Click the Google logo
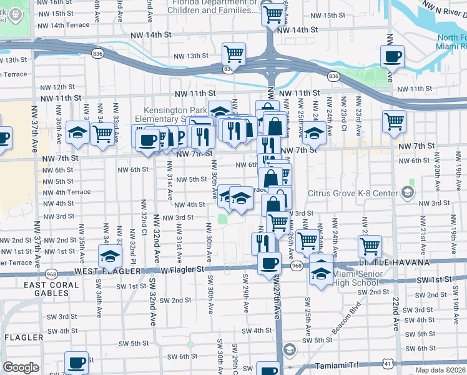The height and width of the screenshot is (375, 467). pos(21,367)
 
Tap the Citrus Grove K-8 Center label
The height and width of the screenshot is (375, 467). pos(353,193)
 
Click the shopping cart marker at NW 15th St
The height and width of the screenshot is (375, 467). pos(273,13)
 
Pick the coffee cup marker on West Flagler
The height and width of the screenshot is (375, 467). pos(269,262)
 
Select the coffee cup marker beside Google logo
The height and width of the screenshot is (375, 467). pos(77,362)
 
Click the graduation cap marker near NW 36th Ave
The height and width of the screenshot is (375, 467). pos(77,132)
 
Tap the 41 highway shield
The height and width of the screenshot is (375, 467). pos(388,362)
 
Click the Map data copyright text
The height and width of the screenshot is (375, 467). pos(440,370)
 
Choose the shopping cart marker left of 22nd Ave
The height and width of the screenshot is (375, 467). pos(370,246)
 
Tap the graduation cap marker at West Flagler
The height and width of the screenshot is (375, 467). pos(110,256)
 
